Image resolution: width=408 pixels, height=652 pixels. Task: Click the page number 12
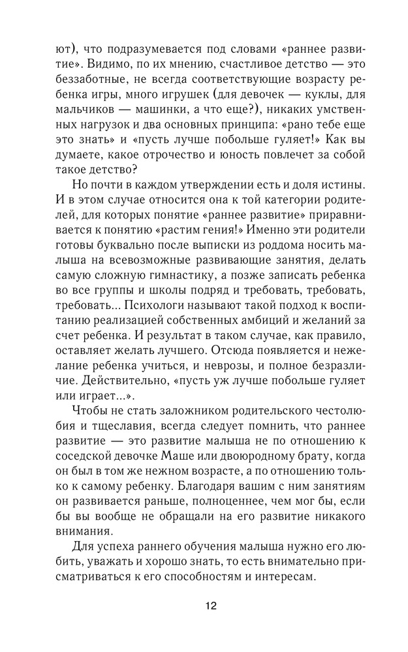pos(210,604)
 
